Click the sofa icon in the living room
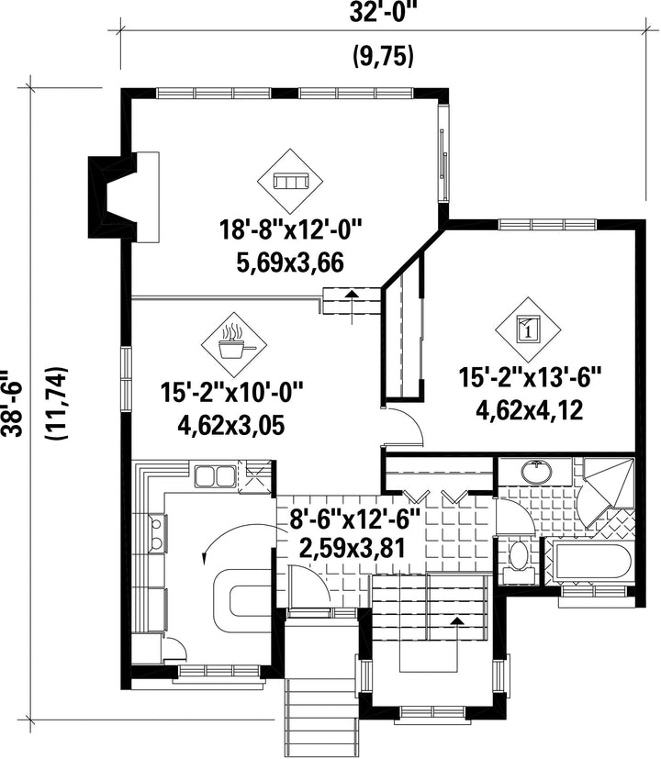(290, 182)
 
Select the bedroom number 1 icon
(528, 329)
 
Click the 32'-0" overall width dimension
(383, 13)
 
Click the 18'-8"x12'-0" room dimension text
(291, 229)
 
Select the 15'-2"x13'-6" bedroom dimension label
(530, 377)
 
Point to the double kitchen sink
(214, 475)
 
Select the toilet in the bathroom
(519, 563)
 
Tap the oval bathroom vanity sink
(536, 472)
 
